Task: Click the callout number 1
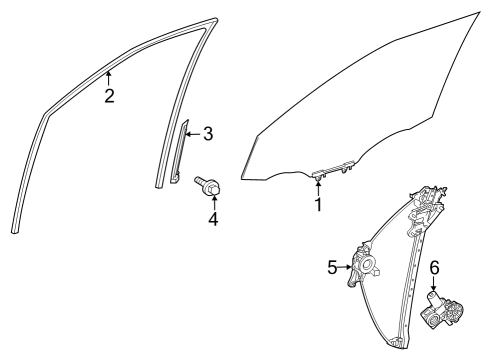coord(318,205)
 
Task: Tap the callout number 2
coord(109,96)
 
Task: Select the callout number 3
coord(208,133)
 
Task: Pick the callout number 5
coord(333,267)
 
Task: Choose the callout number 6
coord(434,269)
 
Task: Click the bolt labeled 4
coord(212,184)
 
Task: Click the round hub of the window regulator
coord(366,267)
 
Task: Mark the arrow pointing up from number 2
coord(109,78)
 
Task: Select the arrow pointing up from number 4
coord(213,199)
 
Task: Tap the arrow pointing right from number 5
coord(346,267)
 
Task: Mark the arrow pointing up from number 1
coord(318,186)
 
